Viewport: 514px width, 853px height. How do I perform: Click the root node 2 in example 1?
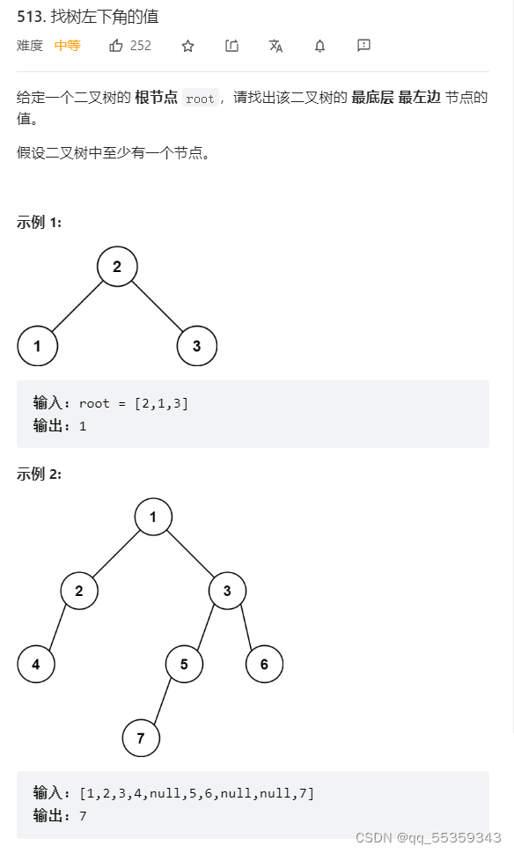coord(117,267)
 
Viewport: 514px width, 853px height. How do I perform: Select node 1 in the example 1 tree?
coord(37,346)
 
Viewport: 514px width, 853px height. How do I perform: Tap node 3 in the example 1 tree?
coord(196,346)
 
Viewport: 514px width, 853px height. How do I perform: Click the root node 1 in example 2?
coord(153,517)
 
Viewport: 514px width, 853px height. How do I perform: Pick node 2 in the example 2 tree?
coord(79,591)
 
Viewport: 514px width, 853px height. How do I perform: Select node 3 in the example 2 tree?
coord(227,591)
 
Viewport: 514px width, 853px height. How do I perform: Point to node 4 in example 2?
coord(36,665)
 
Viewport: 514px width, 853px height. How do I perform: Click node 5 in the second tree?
coord(184,665)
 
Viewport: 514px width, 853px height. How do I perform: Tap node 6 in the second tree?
coord(264,665)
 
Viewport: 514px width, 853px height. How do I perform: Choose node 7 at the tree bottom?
coord(141,738)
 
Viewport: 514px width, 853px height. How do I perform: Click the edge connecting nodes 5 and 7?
coord(162,702)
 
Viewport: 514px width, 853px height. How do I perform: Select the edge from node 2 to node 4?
coord(57,629)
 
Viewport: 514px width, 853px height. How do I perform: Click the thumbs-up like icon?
coord(116,46)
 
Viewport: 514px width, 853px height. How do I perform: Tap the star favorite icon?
coord(187,46)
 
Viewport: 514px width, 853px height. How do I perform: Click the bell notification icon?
coord(319,46)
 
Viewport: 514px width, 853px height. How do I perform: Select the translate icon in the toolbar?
coord(275,46)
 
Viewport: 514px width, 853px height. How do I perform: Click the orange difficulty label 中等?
coord(67,46)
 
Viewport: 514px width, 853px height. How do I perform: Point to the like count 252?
coord(141,46)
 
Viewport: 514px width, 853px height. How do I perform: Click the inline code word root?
coord(200,99)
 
